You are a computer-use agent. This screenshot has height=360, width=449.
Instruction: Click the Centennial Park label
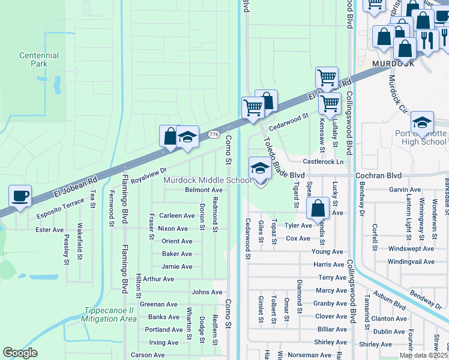tap(38, 59)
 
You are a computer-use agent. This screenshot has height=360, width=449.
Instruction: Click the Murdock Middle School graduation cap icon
tap(259, 168)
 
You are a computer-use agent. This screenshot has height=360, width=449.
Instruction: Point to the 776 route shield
tap(214, 135)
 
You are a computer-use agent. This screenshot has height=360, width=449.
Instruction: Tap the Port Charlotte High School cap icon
tap(422, 122)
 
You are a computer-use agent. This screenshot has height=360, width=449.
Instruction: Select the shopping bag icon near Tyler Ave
tap(318, 209)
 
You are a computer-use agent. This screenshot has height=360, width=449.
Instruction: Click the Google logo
tap(20, 353)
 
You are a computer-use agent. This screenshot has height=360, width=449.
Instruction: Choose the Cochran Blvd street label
tap(378, 175)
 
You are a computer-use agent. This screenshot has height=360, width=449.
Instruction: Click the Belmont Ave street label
tap(203, 190)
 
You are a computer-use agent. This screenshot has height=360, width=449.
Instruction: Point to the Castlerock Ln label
tap(323, 162)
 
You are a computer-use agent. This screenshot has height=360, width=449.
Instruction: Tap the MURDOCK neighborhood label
tap(393, 63)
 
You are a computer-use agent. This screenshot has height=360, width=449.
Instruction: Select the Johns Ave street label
tap(206, 292)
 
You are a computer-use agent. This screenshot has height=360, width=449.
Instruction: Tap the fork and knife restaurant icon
tap(427, 40)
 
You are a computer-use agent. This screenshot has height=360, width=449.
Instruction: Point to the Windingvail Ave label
tap(411, 262)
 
